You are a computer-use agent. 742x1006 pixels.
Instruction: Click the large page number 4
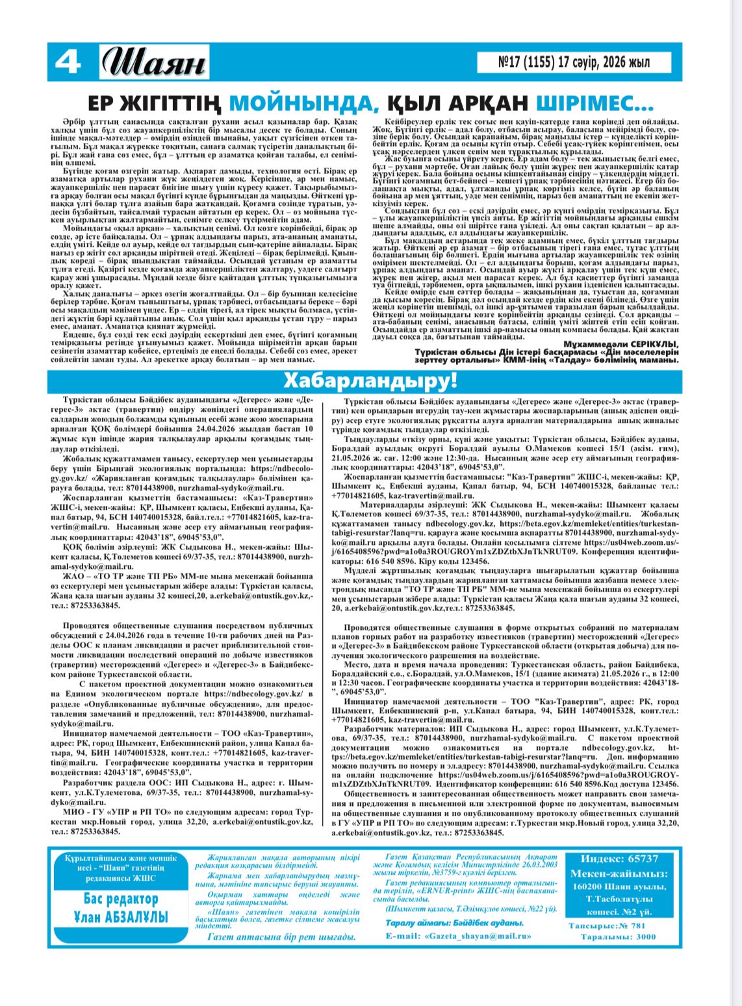pos(68,63)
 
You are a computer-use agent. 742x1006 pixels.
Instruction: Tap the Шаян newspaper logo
pos(155,64)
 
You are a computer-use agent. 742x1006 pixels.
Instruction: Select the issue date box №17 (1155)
pos(565,62)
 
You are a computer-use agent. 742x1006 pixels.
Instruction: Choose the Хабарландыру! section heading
pos(371,379)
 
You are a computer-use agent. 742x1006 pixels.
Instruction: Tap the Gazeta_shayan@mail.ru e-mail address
pos(477,936)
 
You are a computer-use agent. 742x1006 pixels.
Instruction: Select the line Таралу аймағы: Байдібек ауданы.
pos(454,924)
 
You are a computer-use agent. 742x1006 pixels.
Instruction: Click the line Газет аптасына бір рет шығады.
pos(281,937)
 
